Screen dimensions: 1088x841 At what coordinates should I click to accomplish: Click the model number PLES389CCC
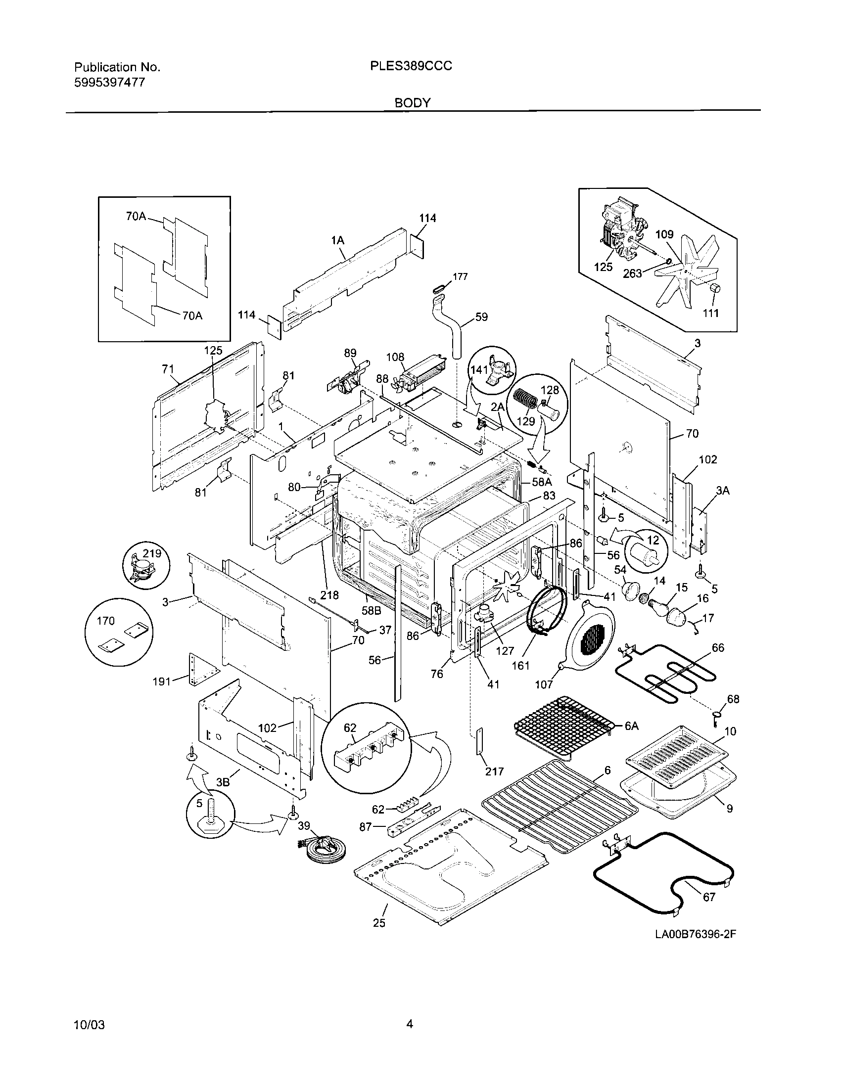point(411,66)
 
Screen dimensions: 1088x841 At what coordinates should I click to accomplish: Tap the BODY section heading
point(413,103)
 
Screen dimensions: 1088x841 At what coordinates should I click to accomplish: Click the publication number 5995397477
point(110,82)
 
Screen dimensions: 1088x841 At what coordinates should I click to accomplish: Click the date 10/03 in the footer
point(89,1025)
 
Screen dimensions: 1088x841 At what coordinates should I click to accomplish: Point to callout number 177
point(460,276)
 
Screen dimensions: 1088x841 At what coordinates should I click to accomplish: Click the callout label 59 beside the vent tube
point(481,317)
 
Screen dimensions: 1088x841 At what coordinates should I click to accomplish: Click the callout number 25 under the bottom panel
point(379,923)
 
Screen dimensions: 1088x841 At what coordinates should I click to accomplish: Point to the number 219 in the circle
point(152,553)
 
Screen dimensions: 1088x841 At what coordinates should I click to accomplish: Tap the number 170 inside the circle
point(106,621)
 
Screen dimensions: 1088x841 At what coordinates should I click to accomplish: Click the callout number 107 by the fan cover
point(544,684)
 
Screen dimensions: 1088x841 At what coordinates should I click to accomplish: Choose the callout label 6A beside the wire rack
point(631,726)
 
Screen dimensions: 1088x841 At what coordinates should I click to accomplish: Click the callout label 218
point(329,595)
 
